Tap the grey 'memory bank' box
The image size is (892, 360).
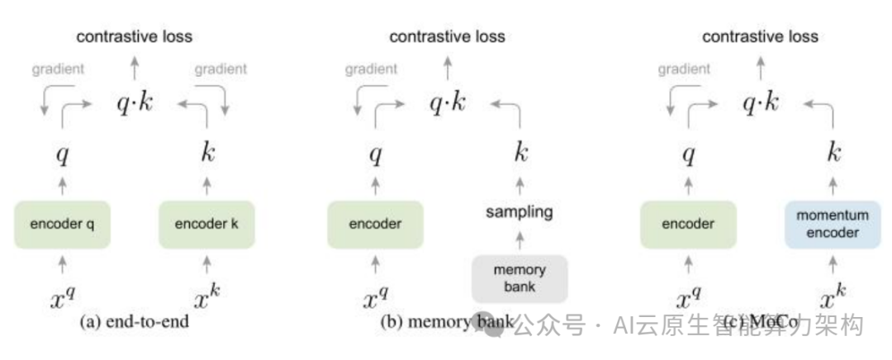tap(520, 278)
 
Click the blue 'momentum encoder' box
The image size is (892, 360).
tap(832, 224)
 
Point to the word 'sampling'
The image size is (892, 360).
tap(520, 212)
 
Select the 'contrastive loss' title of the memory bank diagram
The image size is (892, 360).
tap(447, 36)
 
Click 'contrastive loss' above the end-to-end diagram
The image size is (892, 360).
tap(134, 36)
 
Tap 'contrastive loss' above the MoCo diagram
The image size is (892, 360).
tap(760, 36)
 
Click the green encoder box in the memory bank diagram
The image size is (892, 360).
tap(376, 225)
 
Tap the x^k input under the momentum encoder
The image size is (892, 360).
tap(832, 299)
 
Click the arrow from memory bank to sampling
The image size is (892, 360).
tap(520, 241)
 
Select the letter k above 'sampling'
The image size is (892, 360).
tap(520, 153)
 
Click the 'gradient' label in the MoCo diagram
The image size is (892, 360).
tap(684, 69)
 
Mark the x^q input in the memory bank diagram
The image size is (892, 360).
tap(376, 299)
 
